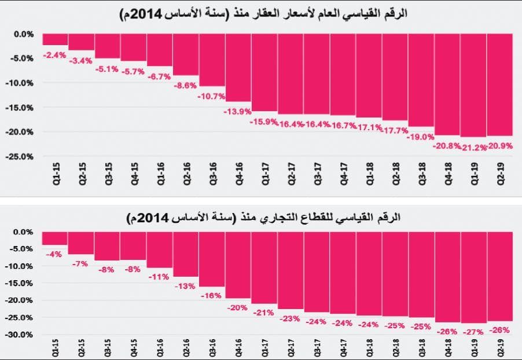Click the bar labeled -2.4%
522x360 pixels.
pyautogui.click(x=55, y=39)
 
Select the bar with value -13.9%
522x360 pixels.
pyautogui.click(x=238, y=68)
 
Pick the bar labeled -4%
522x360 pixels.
pyautogui.click(x=55, y=238)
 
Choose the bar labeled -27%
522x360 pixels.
pyautogui.click(x=473, y=277)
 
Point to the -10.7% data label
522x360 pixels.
pyautogui.click(x=211, y=96)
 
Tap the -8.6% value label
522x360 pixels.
pyautogui.click(x=185, y=86)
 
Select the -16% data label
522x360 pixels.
pyautogui.click(x=211, y=295)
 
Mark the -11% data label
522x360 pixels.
pyautogui.click(x=159, y=277)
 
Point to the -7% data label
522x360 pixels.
pyautogui.click(x=80, y=264)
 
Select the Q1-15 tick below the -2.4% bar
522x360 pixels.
pyautogui.click(x=56, y=174)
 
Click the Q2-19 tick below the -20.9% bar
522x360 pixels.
pyautogui.click(x=500, y=174)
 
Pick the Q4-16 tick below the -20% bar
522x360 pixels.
pyautogui.click(x=238, y=349)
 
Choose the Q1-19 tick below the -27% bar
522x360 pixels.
pyautogui.click(x=473, y=349)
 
